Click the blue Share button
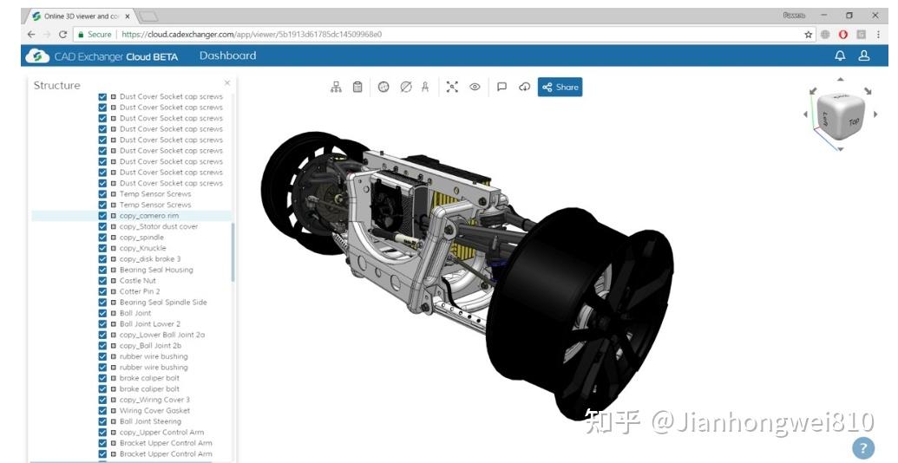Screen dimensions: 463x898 [560, 87]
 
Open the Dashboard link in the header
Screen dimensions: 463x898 [227, 55]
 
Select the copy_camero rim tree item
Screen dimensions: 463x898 [148, 216]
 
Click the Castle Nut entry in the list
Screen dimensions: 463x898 [137, 281]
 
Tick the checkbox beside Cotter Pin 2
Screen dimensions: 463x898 [102, 291]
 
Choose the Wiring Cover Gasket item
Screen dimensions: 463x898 [154, 411]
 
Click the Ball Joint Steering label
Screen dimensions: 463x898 [150, 421]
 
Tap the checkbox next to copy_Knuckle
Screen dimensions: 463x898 [102, 248]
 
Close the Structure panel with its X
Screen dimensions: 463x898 [227, 83]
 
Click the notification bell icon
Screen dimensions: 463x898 [840, 55]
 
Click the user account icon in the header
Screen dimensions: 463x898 [864, 55]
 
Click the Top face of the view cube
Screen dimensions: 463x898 [853, 121]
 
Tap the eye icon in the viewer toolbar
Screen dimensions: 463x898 [475, 87]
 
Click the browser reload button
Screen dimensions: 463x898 [63, 35]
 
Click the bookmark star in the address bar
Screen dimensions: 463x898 [809, 35]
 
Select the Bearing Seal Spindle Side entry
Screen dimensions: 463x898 [162, 303]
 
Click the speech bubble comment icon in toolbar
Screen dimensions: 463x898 [501, 87]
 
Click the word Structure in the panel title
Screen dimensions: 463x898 [56, 85]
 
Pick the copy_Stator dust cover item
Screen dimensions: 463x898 [158, 226]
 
